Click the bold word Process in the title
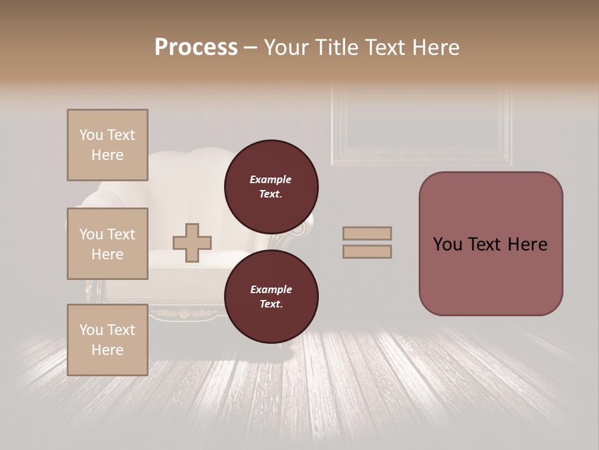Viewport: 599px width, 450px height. [x=196, y=47]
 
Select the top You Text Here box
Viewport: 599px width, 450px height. [x=107, y=145]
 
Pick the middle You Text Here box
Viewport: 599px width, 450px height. [x=107, y=244]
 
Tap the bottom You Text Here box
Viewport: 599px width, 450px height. [x=107, y=340]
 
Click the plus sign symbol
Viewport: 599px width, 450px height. [x=192, y=242]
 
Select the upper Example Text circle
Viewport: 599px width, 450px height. [x=271, y=187]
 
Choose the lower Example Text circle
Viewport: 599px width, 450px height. [x=271, y=297]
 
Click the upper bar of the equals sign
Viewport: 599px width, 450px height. [x=367, y=233]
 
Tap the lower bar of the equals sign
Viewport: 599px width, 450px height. [x=367, y=251]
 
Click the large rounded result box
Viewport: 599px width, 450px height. [x=490, y=244]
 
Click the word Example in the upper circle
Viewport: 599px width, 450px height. [x=271, y=179]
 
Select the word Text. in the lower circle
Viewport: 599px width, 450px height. [x=271, y=304]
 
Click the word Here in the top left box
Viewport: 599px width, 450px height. [x=107, y=155]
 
